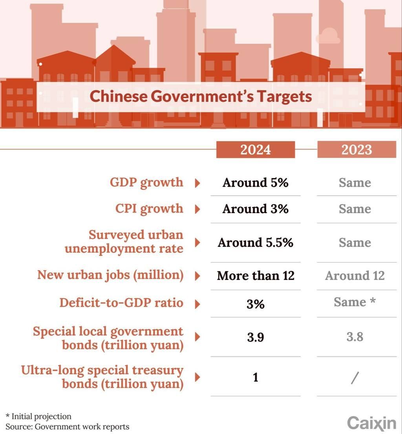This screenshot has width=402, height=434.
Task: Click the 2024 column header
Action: click(x=256, y=150)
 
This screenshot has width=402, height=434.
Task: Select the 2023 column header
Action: click(x=357, y=150)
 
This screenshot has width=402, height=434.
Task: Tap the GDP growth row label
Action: click(x=146, y=183)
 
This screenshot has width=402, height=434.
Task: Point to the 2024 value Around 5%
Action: click(x=256, y=183)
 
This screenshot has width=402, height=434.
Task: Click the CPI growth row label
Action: click(x=149, y=209)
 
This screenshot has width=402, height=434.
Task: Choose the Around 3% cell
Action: click(x=256, y=209)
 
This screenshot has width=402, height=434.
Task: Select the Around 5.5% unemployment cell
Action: click(x=256, y=243)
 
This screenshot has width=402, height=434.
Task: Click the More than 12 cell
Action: click(x=256, y=276)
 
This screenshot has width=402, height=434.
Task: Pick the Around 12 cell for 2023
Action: click(x=355, y=276)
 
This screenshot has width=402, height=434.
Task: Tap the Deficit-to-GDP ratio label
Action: click(x=121, y=303)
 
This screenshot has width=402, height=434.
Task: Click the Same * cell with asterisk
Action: click(x=355, y=302)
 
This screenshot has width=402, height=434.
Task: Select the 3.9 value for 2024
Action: click(x=256, y=337)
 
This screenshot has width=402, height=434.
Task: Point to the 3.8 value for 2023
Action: click(x=355, y=337)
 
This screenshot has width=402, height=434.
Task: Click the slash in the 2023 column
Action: click(x=355, y=378)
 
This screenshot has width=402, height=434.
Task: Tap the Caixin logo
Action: click(x=372, y=423)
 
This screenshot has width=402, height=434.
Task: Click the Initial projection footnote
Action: click(x=38, y=416)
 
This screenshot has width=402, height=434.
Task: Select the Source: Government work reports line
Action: click(x=68, y=427)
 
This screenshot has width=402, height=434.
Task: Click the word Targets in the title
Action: click(x=284, y=96)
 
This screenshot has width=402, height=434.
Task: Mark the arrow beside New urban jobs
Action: click(x=197, y=276)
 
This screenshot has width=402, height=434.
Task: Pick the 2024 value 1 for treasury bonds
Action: click(x=256, y=377)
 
